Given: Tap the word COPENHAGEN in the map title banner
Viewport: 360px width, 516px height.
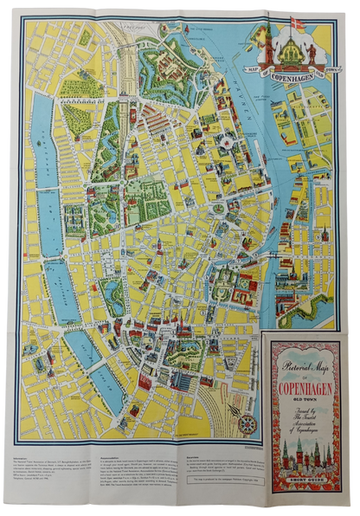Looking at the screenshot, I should pyautogui.click(x=299, y=74).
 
